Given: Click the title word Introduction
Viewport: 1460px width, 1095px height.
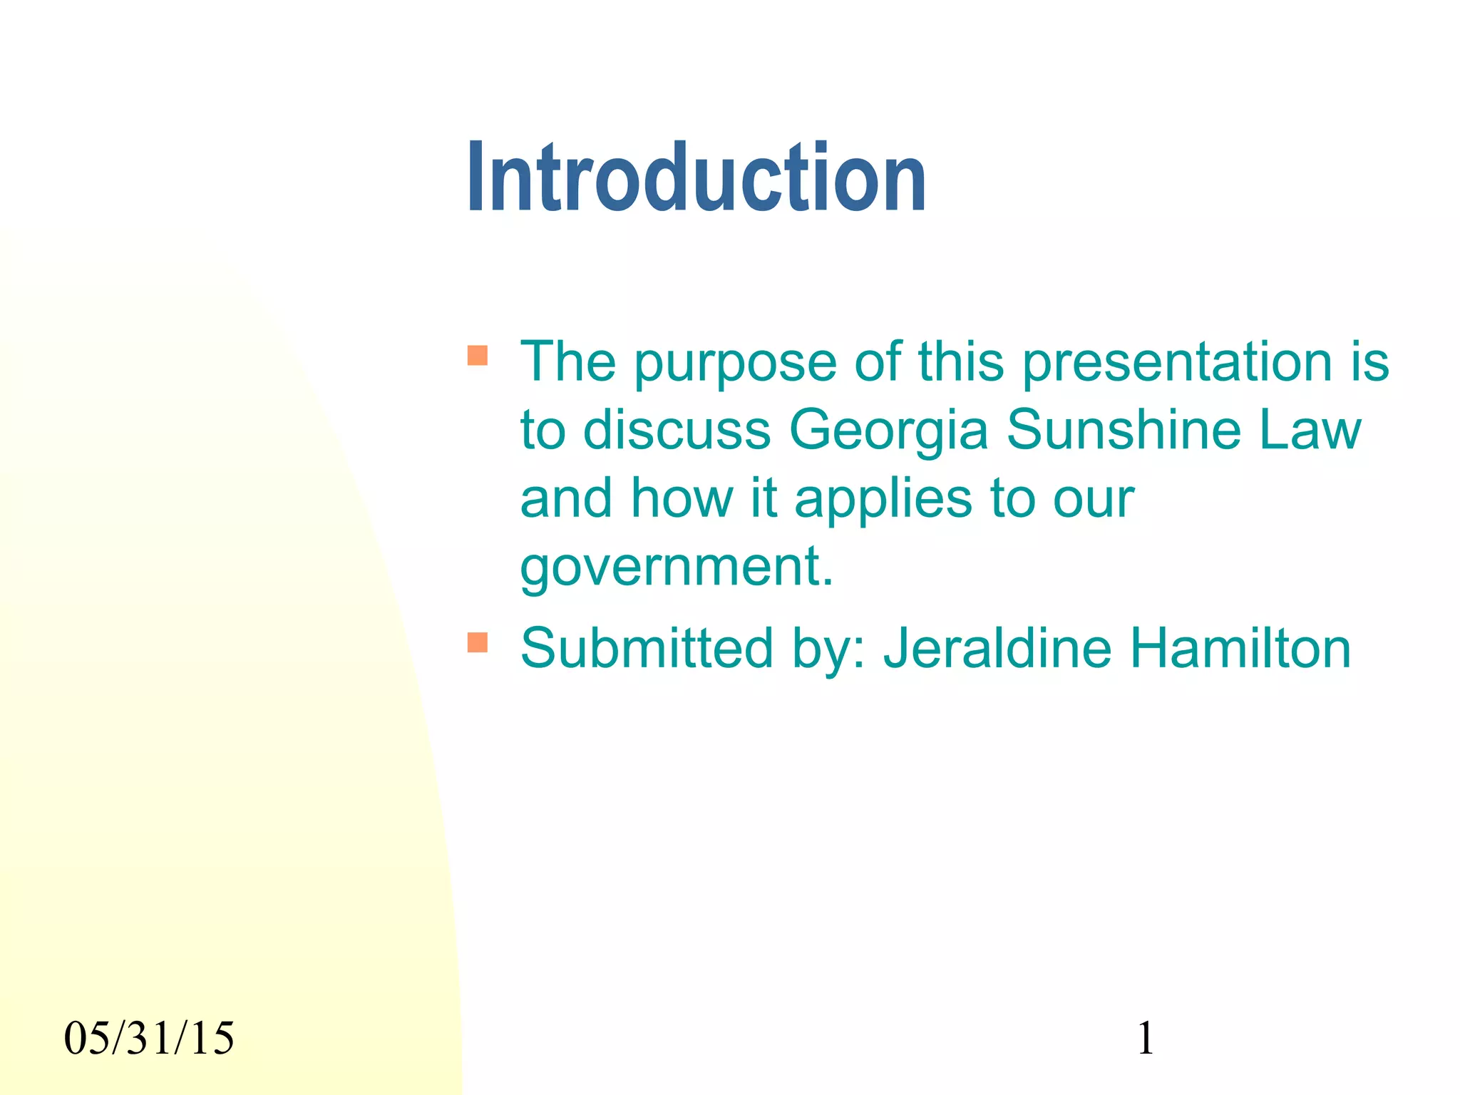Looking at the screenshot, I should pyautogui.click(x=696, y=178).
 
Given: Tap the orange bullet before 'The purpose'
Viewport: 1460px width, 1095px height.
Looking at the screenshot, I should pyautogui.click(x=478, y=355).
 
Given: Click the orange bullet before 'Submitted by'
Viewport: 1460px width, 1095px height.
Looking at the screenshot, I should pyautogui.click(x=478, y=642).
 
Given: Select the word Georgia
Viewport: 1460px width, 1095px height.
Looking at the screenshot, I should pyautogui.click(x=888, y=431).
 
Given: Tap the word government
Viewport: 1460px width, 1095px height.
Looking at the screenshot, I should pyautogui.click(x=676, y=567).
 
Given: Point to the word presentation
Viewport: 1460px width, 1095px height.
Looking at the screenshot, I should pyautogui.click(x=1176, y=362).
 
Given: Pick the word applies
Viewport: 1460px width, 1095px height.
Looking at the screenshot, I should pyautogui.click(x=883, y=499).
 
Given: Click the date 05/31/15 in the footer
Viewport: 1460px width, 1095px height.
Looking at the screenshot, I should pyautogui.click(x=149, y=1038).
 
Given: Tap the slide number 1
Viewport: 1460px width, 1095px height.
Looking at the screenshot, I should pyautogui.click(x=1145, y=1038).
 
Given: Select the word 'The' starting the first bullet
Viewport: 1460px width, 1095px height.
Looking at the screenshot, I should pyautogui.click(x=567, y=362).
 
